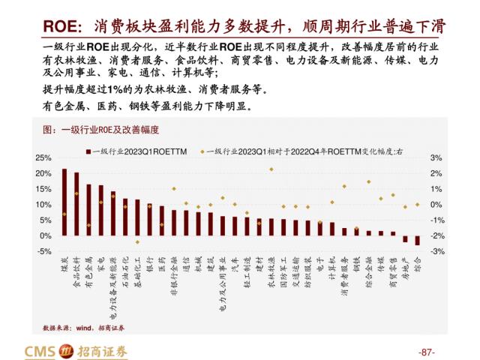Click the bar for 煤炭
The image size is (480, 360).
coord(64,202)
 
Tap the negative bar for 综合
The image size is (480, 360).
coord(417,240)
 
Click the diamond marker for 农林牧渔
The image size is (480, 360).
coord(271,169)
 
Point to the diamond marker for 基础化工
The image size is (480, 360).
coord(137,242)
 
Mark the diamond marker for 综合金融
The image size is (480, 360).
coord(368,181)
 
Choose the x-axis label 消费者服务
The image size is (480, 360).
coord(344,278)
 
